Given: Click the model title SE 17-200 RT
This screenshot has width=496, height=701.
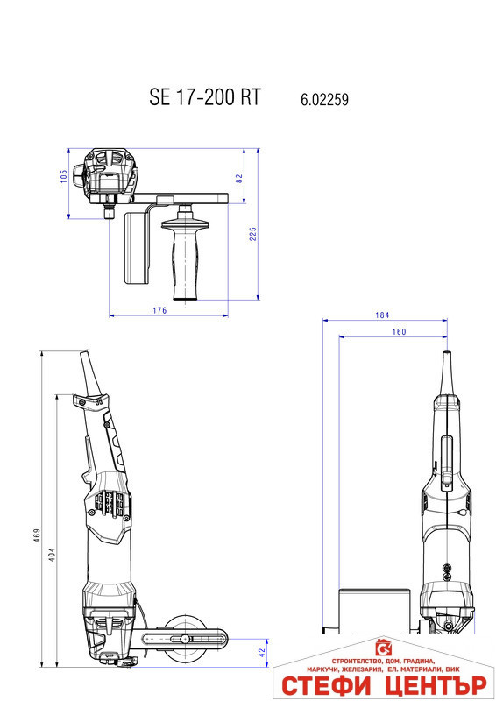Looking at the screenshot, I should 205,97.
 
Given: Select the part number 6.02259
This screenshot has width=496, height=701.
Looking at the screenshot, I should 324,100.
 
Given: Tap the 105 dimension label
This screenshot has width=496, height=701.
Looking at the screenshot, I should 64,177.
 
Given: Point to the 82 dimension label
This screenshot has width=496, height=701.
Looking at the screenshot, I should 238,178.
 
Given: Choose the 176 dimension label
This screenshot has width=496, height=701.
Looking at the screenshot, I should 159,310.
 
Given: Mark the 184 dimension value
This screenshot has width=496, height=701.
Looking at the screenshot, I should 380,315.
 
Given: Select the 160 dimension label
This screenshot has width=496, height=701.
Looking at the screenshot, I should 399,331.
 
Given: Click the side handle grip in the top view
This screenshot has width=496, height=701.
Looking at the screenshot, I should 186,258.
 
